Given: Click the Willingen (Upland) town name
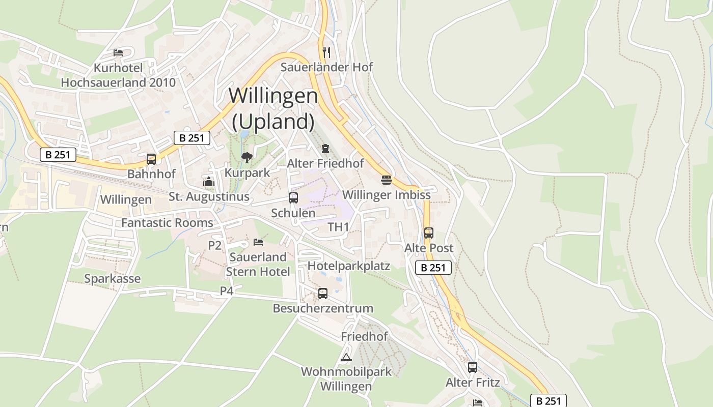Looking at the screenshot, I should (273, 108).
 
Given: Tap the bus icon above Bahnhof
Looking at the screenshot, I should (151, 159).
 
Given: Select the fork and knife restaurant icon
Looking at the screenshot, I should (326, 52).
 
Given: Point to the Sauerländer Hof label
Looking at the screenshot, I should (326, 67).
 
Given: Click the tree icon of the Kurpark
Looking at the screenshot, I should (247, 158).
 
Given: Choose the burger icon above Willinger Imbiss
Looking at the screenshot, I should (386, 180).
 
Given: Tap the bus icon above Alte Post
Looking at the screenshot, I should (429, 233).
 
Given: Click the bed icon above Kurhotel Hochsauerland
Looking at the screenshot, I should (118, 52).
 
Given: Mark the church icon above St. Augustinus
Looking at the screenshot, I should (209, 182).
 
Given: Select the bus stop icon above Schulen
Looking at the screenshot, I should (293, 198).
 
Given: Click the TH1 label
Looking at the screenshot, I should (338, 227).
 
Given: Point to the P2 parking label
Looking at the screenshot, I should (215, 245).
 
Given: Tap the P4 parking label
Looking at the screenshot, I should (227, 290).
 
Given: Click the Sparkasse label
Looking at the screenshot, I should (112, 279).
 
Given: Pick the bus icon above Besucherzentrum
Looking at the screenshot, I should (323, 293).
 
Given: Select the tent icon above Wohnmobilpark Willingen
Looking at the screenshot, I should (346, 357).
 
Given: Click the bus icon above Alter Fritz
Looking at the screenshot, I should (473, 367).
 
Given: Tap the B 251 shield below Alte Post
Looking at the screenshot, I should (433, 268).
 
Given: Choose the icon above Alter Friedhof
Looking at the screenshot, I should (325, 149).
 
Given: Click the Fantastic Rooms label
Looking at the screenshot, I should (167, 223).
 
